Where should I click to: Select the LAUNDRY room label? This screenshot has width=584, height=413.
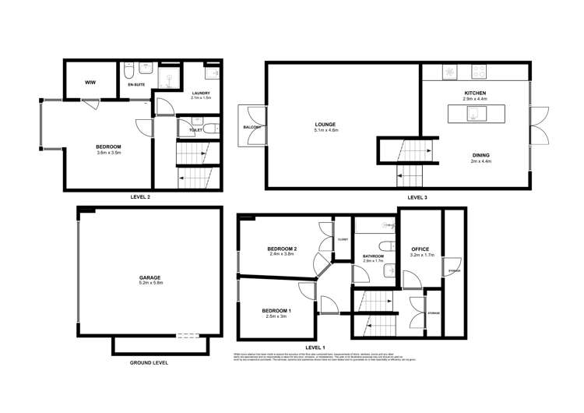click(x=201, y=94)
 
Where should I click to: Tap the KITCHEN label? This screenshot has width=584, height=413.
click(x=474, y=93)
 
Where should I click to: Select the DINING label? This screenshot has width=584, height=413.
click(x=480, y=156)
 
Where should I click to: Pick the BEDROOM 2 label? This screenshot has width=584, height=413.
click(x=283, y=249)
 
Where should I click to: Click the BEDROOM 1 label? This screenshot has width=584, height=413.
click(x=276, y=310)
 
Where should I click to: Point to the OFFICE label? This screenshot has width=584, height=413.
click(x=420, y=249)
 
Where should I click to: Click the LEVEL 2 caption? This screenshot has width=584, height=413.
click(x=140, y=197)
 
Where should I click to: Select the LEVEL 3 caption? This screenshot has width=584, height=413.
click(x=417, y=197)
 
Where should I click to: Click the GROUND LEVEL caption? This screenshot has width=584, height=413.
click(x=149, y=362)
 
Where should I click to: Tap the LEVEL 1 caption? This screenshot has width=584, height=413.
click(x=315, y=346)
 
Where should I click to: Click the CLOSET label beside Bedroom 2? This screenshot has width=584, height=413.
click(x=343, y=239)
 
